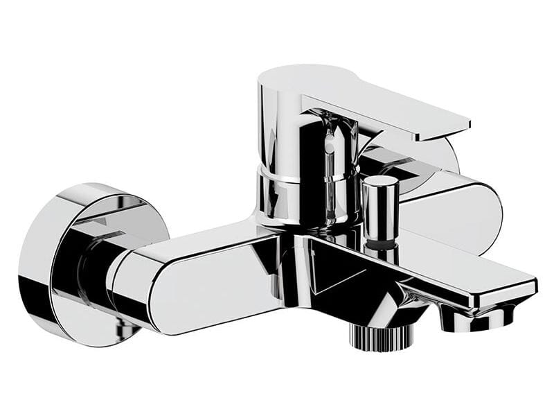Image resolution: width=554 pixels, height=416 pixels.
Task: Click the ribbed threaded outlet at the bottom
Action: (380, 337)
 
